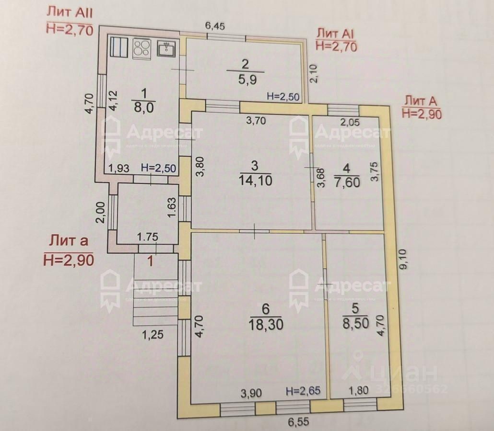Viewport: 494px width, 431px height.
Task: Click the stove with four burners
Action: pos(141,48)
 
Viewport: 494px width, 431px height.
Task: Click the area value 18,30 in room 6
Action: pos(266,324)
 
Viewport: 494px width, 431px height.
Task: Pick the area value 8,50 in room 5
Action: pos(356,324)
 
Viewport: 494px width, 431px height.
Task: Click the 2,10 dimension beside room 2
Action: pos(314,74)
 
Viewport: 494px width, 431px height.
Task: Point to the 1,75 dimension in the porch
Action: pos(148,237)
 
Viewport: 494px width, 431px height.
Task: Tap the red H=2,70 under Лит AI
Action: pos(335,46)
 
